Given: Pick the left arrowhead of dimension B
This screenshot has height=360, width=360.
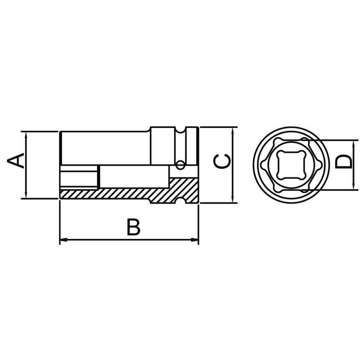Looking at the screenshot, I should pos(63,240).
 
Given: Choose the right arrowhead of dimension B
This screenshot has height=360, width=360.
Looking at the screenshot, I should pos(195,240).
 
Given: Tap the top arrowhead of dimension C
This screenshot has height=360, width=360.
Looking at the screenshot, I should pos(232,131).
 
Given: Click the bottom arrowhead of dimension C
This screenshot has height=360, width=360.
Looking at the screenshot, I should pos(232,200).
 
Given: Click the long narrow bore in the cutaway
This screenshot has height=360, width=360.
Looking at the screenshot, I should pos(135,176).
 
